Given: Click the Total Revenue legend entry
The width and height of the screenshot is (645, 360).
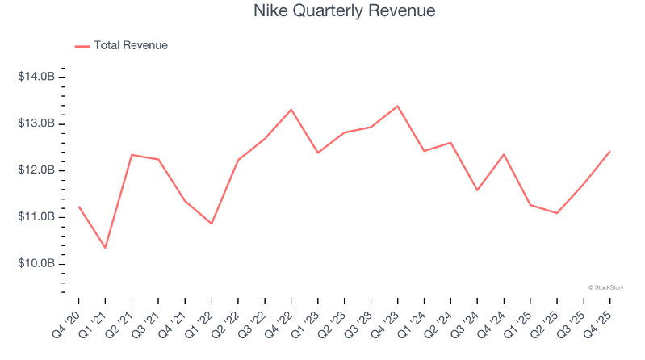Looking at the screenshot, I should click(130, 46).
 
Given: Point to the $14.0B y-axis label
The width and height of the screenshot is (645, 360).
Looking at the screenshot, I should click(37, 77).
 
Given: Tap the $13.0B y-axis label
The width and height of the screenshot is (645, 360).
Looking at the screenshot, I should click(37, 123).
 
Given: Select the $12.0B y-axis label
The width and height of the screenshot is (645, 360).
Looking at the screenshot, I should click(37, 170).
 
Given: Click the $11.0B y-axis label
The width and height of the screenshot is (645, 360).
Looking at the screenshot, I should click(37, 217).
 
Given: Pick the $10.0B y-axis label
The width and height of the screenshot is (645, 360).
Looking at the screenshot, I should click(37, 264).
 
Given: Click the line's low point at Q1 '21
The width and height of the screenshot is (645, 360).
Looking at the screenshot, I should click(105, 247).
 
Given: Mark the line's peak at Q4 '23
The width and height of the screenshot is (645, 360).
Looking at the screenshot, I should click(397, 106).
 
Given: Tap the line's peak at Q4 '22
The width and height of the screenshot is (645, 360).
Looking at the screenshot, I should click(291, 109).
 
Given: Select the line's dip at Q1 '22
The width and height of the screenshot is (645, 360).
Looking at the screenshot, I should click(212, 224).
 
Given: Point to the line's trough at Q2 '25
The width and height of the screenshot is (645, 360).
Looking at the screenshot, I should click(556, 213).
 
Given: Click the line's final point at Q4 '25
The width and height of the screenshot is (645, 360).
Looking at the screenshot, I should click(609, 151).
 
